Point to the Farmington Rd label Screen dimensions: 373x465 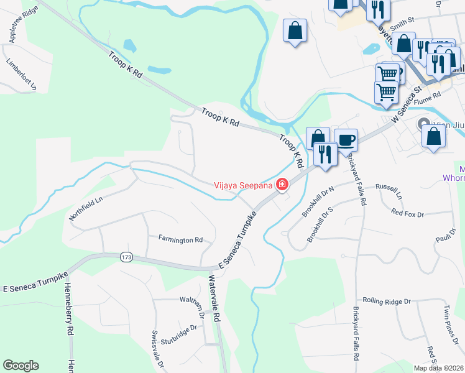(x=180, y=239)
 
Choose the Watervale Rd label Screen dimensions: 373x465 (x=215, y=299)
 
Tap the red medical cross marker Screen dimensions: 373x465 (x=282, y=184)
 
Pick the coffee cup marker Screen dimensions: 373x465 (x=346, y=139)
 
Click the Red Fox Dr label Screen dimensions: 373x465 (x=407, y=214)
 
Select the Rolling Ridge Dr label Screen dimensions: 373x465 (x=387, y=301)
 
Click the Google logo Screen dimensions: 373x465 (x=21, y=366)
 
